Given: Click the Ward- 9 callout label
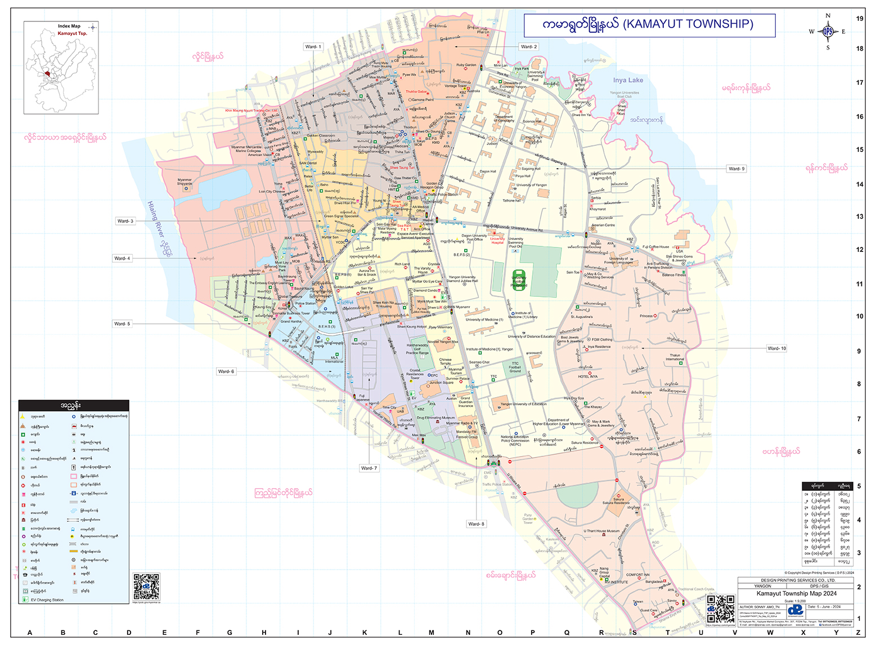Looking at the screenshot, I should coord(736,169).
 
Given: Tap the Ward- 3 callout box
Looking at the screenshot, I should coord(125,221).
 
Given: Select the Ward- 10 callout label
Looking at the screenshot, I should coord(776,348).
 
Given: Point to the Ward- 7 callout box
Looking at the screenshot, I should coord(369,468).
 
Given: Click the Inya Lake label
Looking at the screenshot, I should coord(628,80).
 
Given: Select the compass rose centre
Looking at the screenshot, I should coord(828,31).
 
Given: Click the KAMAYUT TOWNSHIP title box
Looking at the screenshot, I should coord(649,25).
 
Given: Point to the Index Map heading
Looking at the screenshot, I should coord(69,26).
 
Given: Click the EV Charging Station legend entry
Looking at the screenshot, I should coord(47,600).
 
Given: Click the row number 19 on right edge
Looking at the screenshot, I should coord(860,19).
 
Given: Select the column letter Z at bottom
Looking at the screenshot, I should coord(858,633).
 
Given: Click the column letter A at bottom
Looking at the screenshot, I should coord(30,633).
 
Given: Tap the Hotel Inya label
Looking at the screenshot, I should coord(588,376).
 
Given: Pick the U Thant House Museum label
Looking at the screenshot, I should coord(601,531).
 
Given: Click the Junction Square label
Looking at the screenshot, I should coord(442,383).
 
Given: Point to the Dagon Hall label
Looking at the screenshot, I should coord(488,172).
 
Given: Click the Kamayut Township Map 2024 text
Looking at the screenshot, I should coord(796,593).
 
